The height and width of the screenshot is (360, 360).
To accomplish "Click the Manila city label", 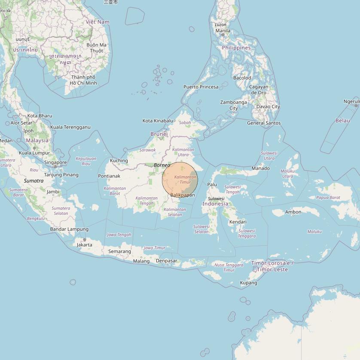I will click(223, 31).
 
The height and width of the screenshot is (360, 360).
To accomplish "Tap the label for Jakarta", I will click(84, 245).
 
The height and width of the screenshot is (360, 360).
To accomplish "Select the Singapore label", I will click(55, 163).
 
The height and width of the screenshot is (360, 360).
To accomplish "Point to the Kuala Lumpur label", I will click(34, 153).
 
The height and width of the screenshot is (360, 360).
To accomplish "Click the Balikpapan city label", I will click(183, 195).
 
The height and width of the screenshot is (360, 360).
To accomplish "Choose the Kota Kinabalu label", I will click(158, 121).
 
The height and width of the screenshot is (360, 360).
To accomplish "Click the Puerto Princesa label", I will click(201, 87).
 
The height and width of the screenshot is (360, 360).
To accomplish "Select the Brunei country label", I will click(159, 134).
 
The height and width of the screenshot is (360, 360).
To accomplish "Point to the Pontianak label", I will click(109, 176).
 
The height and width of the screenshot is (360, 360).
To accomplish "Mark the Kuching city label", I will click(119, 161).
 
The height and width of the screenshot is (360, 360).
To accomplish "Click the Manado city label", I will click(261, 168).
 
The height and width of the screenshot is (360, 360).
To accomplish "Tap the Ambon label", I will click(293, 212).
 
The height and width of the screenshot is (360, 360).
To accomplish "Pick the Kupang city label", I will click(248, 283).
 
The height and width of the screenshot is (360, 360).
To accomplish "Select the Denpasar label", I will click(166, 261).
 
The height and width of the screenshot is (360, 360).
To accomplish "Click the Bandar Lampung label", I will click(69, 229).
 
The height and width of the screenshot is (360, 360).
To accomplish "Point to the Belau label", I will click(342, 121).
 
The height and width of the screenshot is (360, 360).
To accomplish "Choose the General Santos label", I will click(264, 123).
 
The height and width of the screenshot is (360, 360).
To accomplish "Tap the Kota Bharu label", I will click(40, 116).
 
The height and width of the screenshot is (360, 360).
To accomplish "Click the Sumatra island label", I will click(34, 181).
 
